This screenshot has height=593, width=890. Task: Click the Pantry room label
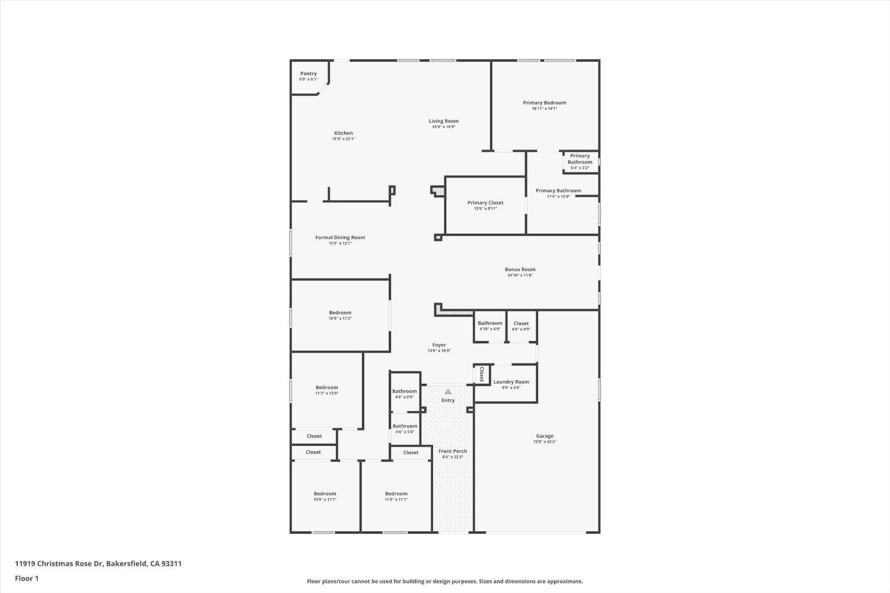tap(309, 74)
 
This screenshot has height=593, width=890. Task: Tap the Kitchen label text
tap(344, 133)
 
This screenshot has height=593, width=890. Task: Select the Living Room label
tap(444, 121)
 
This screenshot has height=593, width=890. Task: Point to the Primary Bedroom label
tap(544, 103)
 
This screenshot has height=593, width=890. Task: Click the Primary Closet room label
tap(485, 203)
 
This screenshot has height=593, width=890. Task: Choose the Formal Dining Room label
tap(340, 237)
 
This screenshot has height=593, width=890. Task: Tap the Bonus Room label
tap(520, 269)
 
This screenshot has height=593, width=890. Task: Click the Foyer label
tap(439, 345)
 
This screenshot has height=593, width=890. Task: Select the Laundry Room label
tap(511, 382)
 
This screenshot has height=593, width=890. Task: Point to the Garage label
tap(545, 436)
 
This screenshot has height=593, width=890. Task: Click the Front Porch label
tap(453, 451)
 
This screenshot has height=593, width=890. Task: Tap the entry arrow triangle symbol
tap(448, 391)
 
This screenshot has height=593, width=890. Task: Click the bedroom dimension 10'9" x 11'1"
tap(325, 499)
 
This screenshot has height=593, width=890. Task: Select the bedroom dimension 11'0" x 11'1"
tap(396, 499)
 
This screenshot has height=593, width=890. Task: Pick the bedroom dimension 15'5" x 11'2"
tap(341, 318)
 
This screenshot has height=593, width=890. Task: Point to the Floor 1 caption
tap(27, 578)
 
